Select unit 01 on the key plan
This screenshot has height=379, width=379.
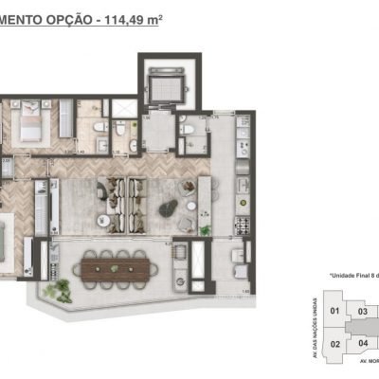pos(333,310)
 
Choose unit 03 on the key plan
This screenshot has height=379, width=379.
pos(362,310)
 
